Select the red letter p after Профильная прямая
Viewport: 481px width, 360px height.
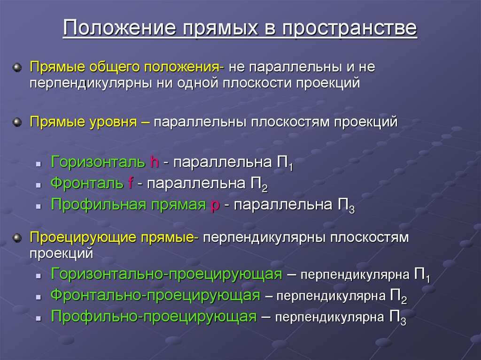(x=215, y=206)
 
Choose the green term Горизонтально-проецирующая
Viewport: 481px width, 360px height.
(x=166, y=274)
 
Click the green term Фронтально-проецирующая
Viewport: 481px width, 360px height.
(x=155, y=296)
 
